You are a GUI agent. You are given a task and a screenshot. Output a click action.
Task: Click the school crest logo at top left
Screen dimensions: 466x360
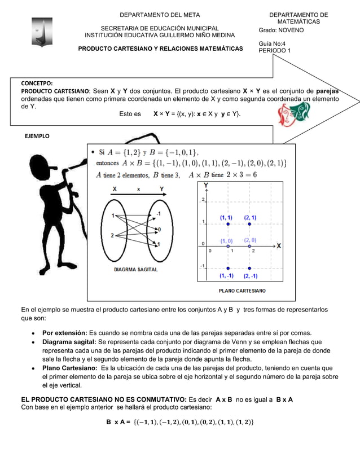click(x=41, y=32)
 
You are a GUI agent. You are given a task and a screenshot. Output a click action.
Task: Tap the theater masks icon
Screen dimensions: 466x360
click(x=294, y=114)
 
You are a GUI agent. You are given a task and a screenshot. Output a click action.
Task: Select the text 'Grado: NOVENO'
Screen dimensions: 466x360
click(x=281, y=30)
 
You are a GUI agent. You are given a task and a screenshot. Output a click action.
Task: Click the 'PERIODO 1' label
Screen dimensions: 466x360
click(x=275, y=51)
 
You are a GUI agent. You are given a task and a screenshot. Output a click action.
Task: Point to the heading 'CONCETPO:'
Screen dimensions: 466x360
click(x=37, y=83)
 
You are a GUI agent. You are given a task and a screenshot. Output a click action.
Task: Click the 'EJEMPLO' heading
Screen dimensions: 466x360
click(x=37, y=136)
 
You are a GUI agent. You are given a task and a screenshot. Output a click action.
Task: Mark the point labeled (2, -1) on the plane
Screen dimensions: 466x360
click(x=249, y=268)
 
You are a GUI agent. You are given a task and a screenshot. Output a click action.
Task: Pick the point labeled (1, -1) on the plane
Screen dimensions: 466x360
click(x=228, y=268)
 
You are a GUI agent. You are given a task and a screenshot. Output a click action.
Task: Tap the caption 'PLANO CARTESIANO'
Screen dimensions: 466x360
click(x=243, y=291)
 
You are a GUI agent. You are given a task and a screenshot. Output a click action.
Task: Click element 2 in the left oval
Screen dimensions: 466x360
click(x=113, y=235)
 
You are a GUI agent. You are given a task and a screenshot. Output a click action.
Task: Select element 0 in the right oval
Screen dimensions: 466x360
click(x=159, y=229)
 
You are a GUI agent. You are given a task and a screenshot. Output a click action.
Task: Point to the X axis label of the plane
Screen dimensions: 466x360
click(x=279, y=246)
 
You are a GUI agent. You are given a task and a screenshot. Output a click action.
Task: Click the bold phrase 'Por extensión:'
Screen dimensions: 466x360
click(x=64, y=333)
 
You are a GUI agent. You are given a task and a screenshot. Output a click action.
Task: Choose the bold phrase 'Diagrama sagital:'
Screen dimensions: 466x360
click(x=69, y=342)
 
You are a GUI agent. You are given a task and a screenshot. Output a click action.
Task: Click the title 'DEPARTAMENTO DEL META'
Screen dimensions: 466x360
click(x=160, y=15)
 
